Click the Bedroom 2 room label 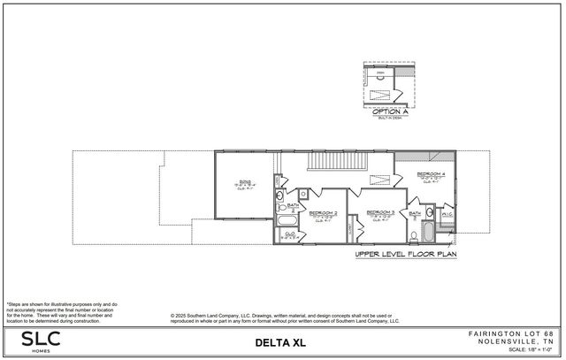tap(324, 213)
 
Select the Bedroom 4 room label tap(431, 174)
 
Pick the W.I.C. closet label tap(447, 213)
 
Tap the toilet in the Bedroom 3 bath tap(414, 235)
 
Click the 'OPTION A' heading tap(389, 111)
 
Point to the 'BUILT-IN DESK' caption tap(389, 119)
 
